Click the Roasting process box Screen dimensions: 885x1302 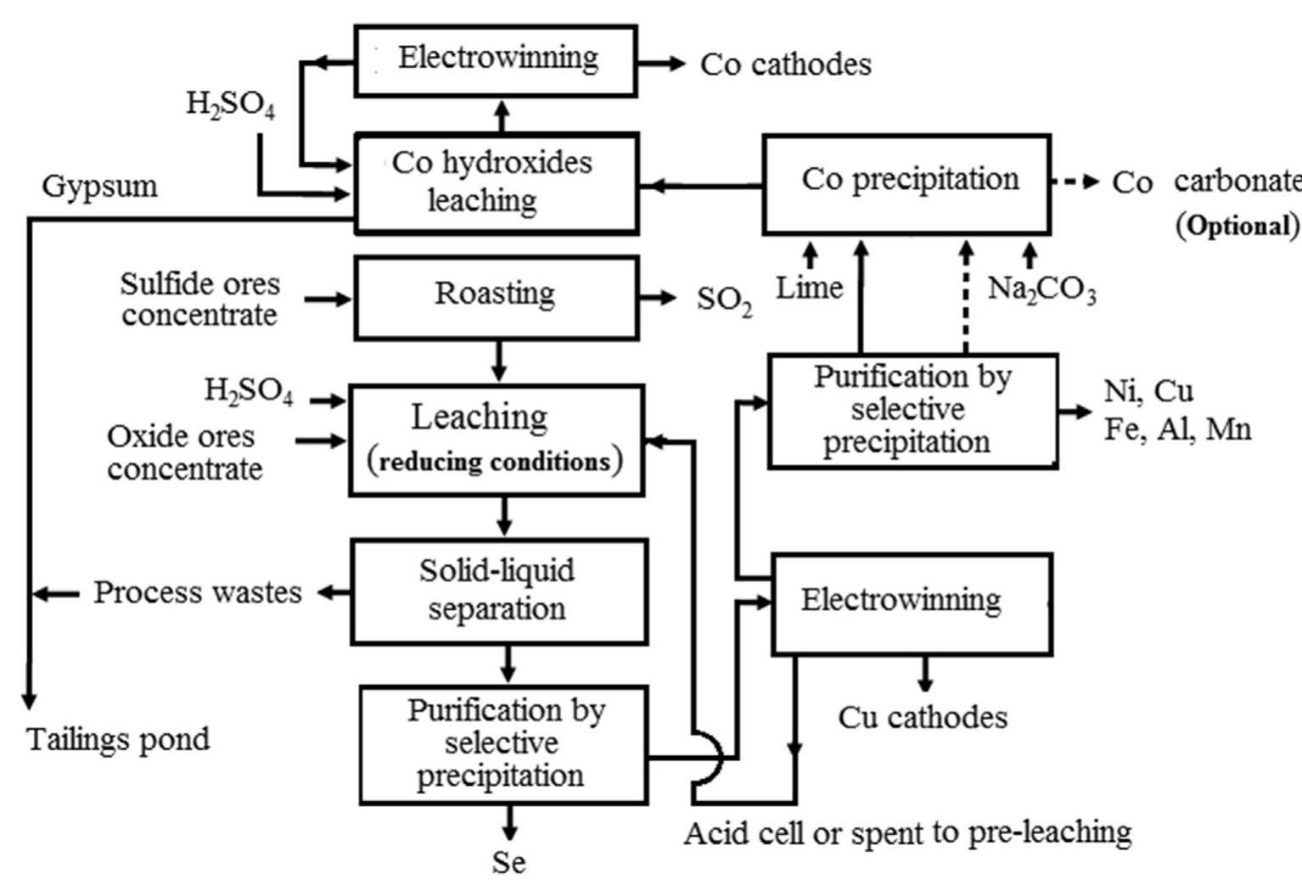click(x=496, y=298)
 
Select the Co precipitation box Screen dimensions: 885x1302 click(x=906, y=183)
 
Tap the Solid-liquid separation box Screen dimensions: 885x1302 click(x=498, y=591)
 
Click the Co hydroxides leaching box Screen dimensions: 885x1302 click(x=496, y=182)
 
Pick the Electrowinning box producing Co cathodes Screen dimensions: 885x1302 click(x=496, y=60)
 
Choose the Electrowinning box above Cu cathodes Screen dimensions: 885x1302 click(x=912, y=603)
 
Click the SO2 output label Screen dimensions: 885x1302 click(x=724, y=300)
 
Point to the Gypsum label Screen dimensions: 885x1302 click(x=100, y=186)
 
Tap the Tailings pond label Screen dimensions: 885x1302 click(x=119, y=739)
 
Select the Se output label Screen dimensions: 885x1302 click(x=508, y=863)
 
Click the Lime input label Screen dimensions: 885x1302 click(x=810, y=288)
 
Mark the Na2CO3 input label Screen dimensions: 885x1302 click(x=1041, y=290)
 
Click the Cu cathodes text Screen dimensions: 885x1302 click(x=923, y=718)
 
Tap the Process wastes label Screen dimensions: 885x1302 click(x=197, y=592)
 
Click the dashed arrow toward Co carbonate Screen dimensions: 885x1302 click(x=1075, y=182)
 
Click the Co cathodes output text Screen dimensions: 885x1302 click(x=785, y=64)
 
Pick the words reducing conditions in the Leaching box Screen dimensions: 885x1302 click(x=495, y=462)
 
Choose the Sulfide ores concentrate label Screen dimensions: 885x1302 click(x=199, y=299)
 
